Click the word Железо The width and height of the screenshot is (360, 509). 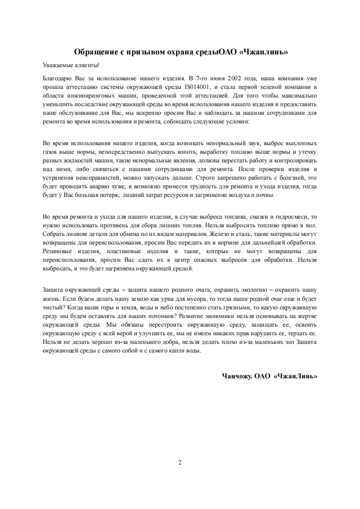pyautogui.click(x=213, y=234)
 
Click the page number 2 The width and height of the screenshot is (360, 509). pyautogui.click(x=180, y=463)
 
